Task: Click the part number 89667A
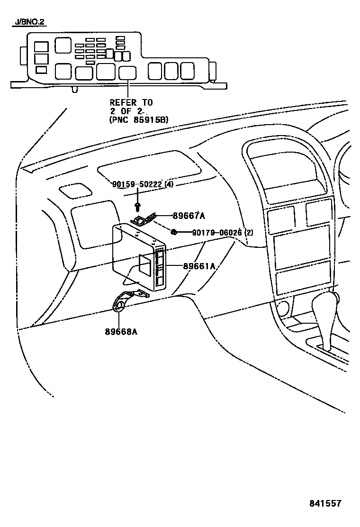point(189,216)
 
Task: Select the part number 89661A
point(199,266)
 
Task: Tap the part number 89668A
point(121,331)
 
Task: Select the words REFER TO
point(131,102)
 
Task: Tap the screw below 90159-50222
point(137,206)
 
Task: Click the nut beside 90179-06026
point(174,232)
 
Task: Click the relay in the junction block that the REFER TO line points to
point(127,73)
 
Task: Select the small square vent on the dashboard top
point(75,191)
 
